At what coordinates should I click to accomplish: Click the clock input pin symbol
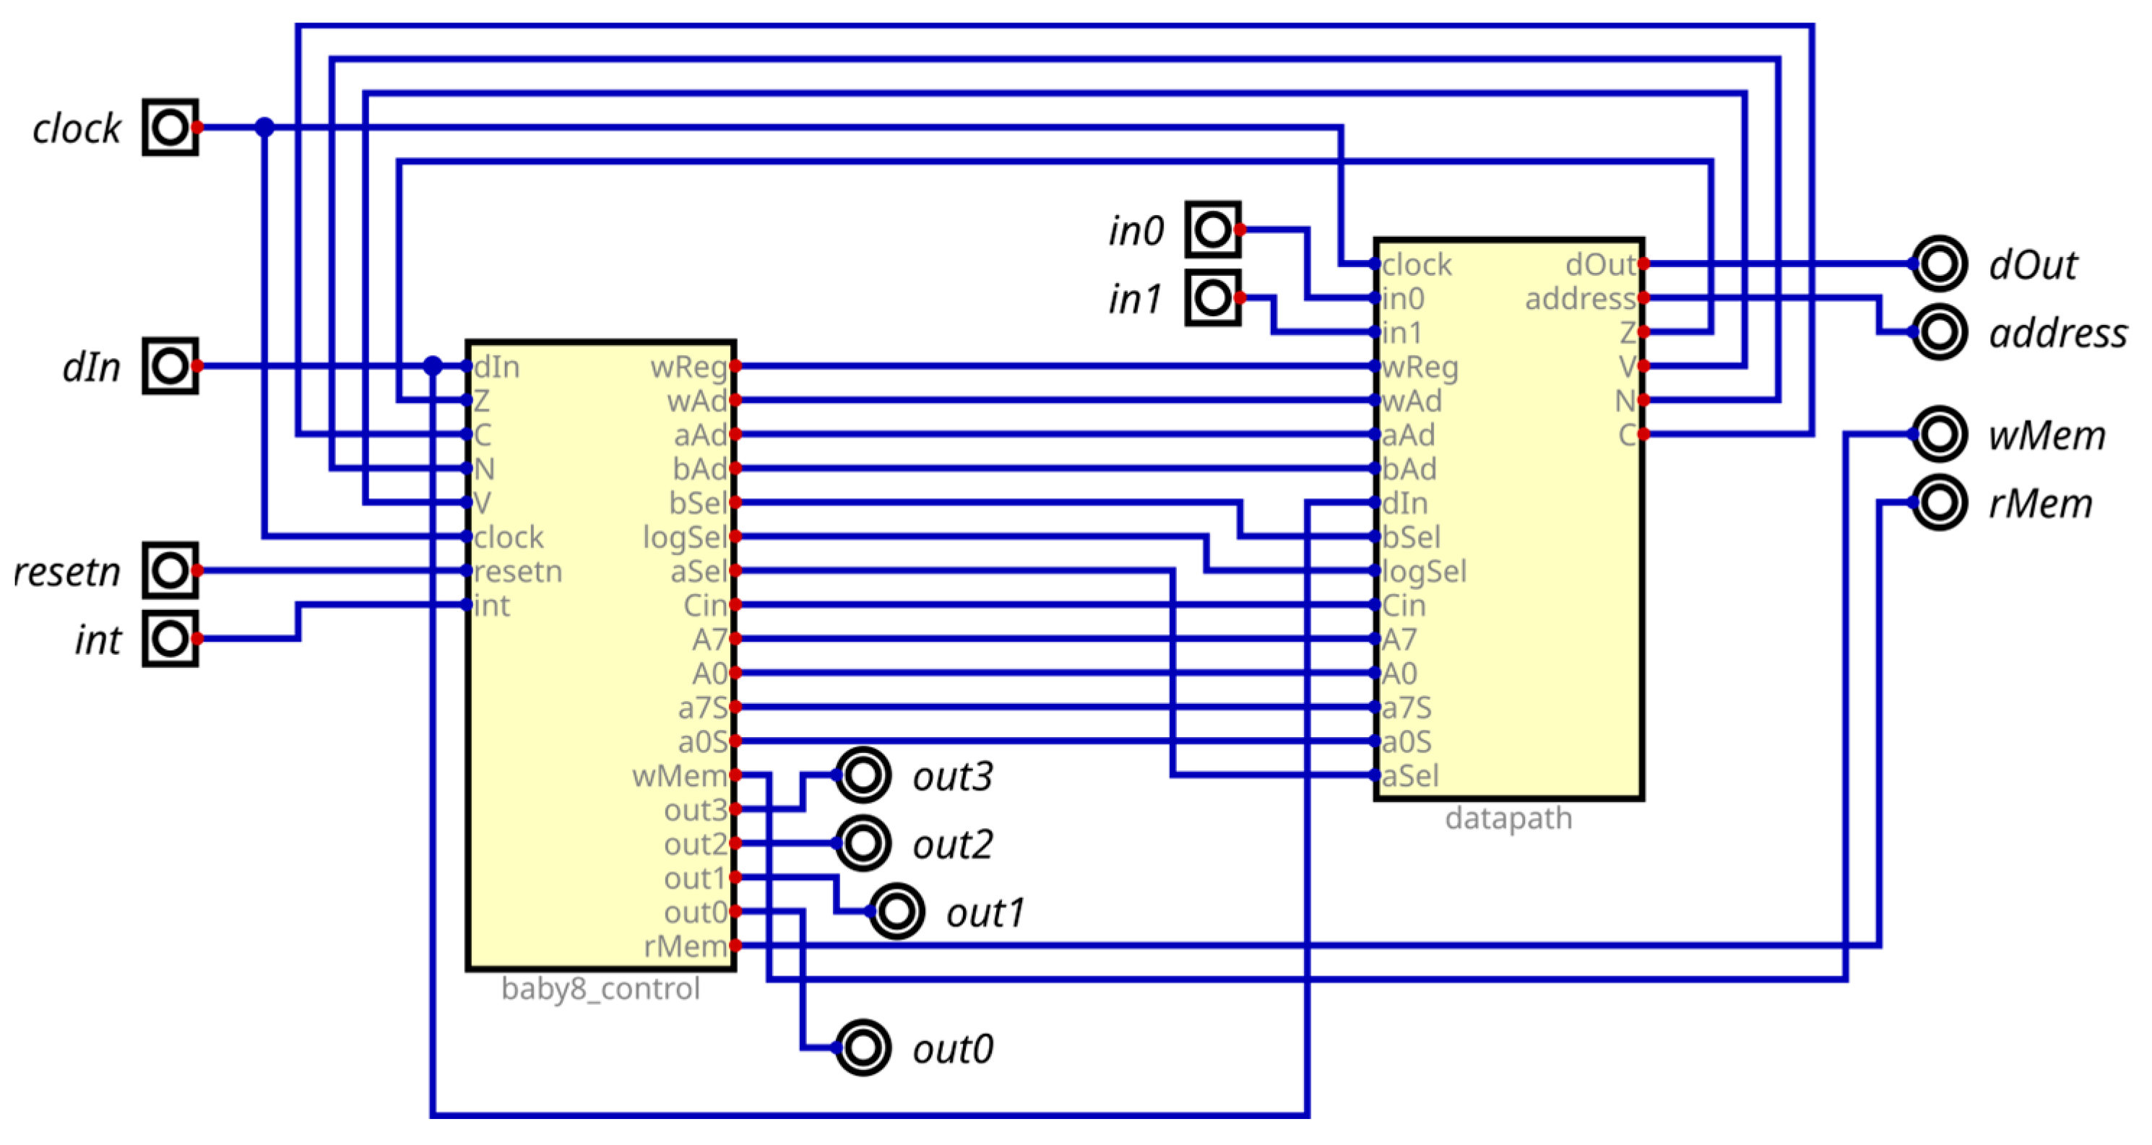pyautogui.click(x=170, y=128)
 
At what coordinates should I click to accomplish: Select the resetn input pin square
pyautogui.click(x=170, y=570)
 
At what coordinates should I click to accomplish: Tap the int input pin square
pyautogui.click(x=170, y=639)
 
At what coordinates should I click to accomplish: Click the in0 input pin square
pyautogui.click(x=1212, y=230)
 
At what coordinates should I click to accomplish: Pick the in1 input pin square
pyautogui.click(x=1212, y=297)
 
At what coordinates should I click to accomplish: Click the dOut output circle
pyautogui.click(x=1939, y=264)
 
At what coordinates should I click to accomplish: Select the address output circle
pyautogui.click(x=1939, y=332)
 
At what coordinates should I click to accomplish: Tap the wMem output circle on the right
pyautogui.click(x=1939, y=435)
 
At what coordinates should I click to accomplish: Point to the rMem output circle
pyautogui.click(x=1939, y=502)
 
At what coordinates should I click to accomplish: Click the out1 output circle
pyautogui.click(x=896, y=912)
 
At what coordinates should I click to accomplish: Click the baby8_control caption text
pyautogui.click(x=600, y=989)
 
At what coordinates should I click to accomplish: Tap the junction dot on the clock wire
pyautogui.click(x=265, y=128)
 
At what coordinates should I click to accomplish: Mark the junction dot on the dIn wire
pyautogui.click(x=433, y=366)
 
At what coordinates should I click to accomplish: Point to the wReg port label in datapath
pyautogui.click(x=1420, y=367)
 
